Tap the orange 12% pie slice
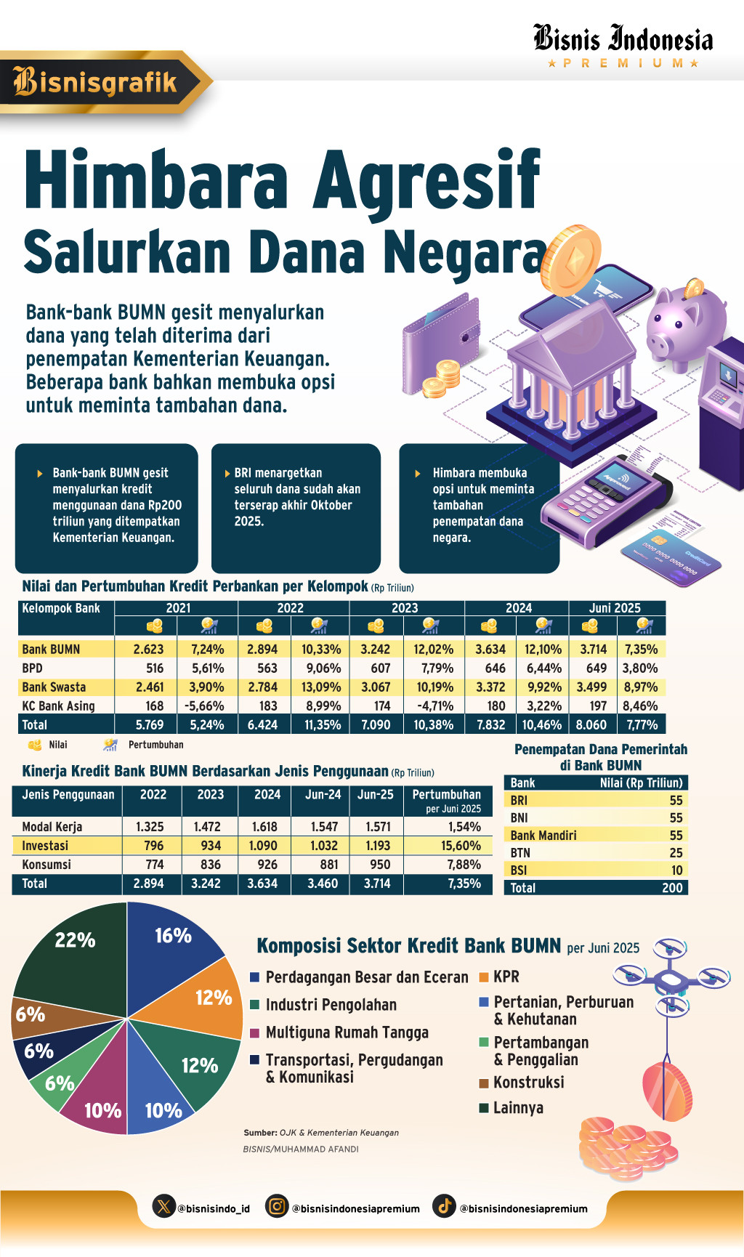211,999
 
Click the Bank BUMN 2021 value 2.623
148,650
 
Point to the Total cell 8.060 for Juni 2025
591,725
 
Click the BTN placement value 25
676,853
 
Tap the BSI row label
519,870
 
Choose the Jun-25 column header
375,795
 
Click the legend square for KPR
484,977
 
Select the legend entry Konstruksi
528,1083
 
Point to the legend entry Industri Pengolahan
331,1005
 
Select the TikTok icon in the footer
444,1206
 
